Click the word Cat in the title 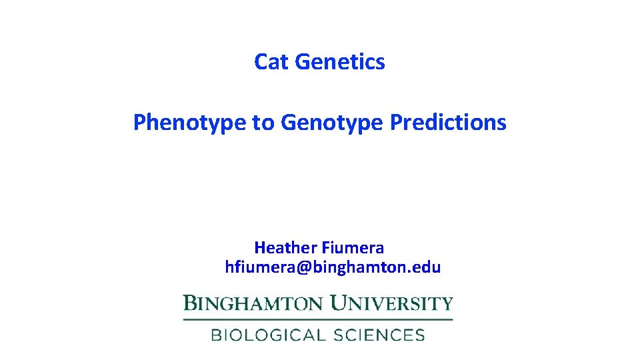point(271,62)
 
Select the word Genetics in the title point(339,62)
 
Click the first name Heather point(286,248)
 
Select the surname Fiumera point(353,248)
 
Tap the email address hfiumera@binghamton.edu point(333,267)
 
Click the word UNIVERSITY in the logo point(392,304)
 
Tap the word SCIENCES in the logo point(375,335)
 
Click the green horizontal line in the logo point(318,320)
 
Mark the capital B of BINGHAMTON point(190,304)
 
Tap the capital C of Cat point(261,62)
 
